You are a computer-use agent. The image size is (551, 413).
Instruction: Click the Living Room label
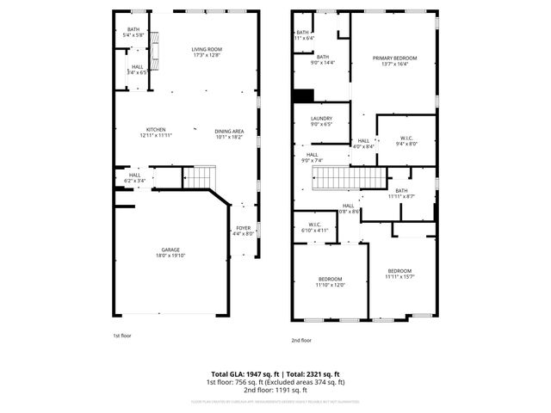click(207, 52)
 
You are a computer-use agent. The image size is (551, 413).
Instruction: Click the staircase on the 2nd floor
click(348, 179)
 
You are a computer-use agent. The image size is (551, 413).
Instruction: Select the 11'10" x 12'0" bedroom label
click(331, 281)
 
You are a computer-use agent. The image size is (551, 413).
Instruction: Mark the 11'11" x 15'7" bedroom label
click(399, 274)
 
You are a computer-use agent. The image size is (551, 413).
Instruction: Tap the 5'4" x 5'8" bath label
click(133, 32)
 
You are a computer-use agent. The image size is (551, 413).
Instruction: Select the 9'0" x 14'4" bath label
click(322, 59)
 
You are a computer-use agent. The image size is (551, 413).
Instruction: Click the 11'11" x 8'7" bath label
click(401, 194)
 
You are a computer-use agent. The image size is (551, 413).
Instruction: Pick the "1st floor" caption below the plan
click(122, 336)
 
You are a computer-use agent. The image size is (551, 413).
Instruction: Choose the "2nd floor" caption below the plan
click(300, 340)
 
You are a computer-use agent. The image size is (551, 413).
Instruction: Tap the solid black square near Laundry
click(302, 96)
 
